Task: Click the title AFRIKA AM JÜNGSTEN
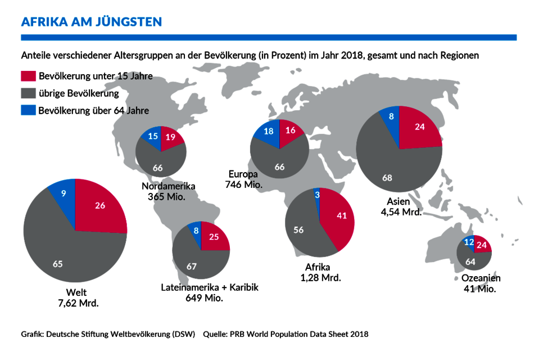[92, 22]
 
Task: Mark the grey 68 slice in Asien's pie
[388, 177]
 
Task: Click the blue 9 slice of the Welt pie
[62, 194]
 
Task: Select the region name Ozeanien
[481, 278]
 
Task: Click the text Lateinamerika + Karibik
[210, 287]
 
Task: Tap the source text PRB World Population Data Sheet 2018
[299, 334]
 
